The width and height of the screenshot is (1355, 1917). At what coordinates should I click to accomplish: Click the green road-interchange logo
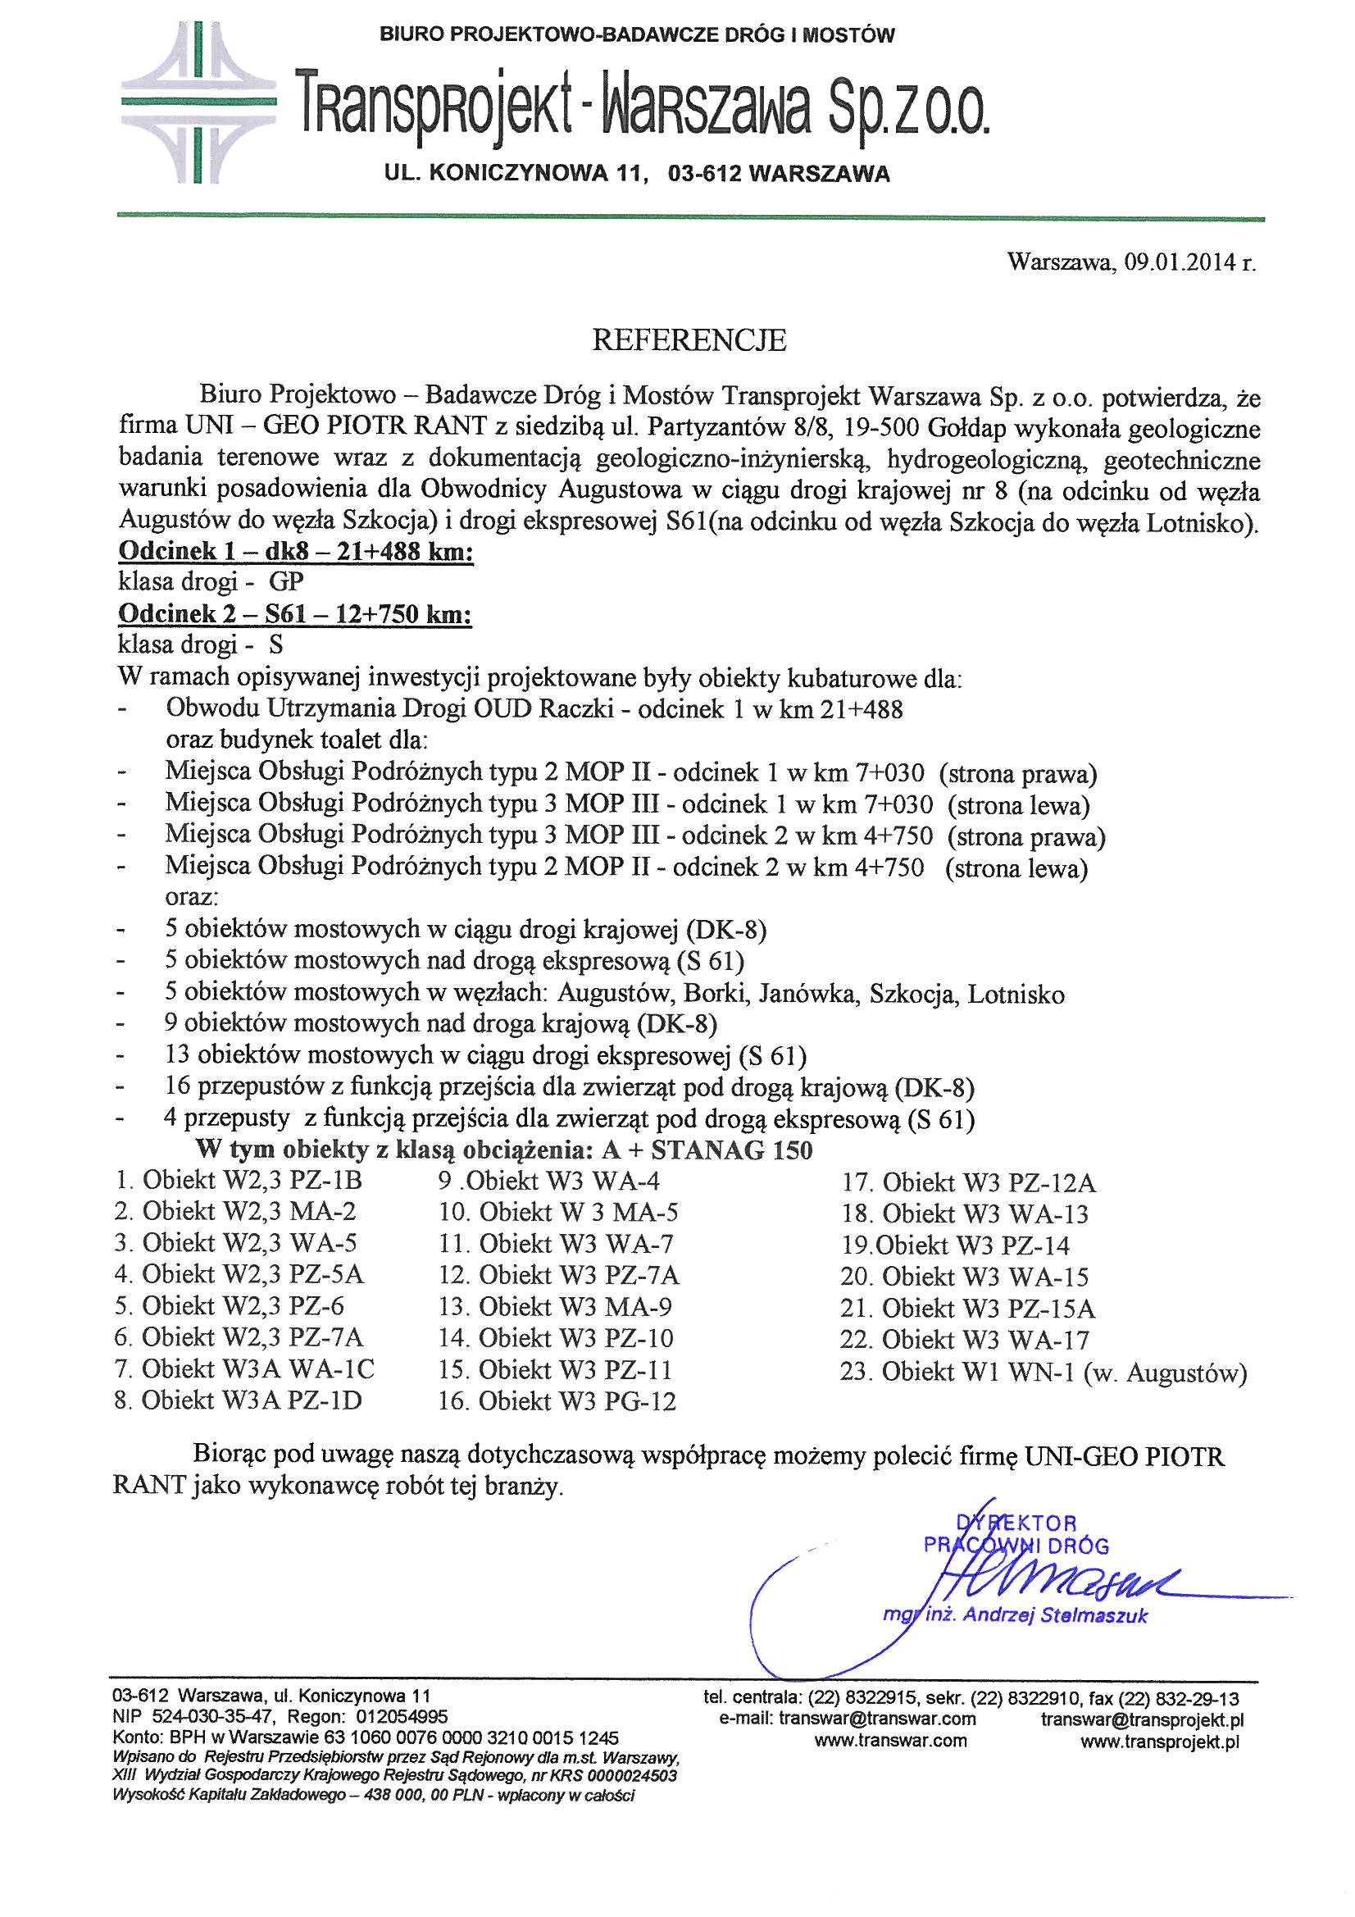click(x=197, y=102)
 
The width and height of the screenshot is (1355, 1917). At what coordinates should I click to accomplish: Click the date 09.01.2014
click(x=1179, y=263)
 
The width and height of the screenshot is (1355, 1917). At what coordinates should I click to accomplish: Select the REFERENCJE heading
click(x=689, y=339)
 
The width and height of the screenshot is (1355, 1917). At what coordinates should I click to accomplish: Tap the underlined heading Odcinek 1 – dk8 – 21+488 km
click(x=297, y=552)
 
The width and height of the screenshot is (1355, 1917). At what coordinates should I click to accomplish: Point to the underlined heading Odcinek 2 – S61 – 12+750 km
click(x=295, y=614)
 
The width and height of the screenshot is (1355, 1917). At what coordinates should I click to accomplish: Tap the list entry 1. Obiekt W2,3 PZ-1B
click(x=239, y=1181)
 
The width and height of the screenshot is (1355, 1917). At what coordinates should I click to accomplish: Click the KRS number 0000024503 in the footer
click(x=632, y=1775)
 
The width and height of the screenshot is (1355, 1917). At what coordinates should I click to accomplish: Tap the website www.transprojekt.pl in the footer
click(x=1160, y=1741)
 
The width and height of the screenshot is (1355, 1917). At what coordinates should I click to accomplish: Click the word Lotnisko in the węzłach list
click(x=1016, y=995)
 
